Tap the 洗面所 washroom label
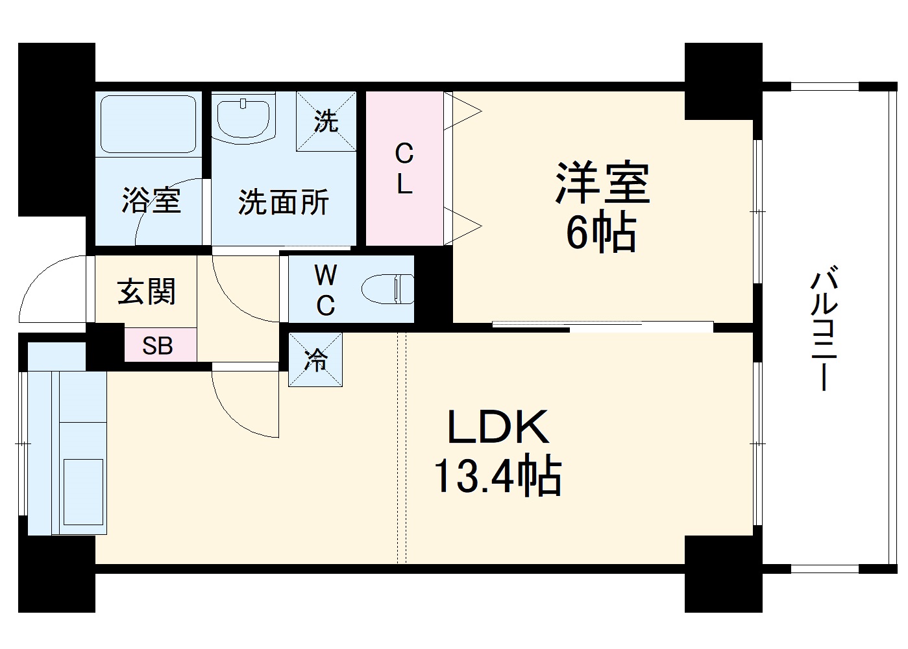point(283,202)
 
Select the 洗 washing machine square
point(326,121)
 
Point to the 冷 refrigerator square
point(315,360)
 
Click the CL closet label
point(404,170)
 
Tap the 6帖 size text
point(601,233)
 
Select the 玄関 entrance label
point(147,292)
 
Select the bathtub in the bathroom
point(149,124)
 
